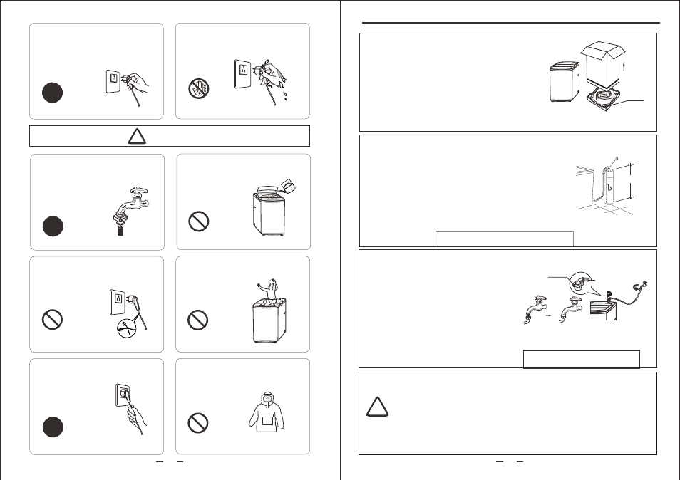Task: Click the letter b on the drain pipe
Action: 609,188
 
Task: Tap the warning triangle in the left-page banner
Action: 137,136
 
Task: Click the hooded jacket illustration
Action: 267,412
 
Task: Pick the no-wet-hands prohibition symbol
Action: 199,88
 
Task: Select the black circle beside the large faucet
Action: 53,226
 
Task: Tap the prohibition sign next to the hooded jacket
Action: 197,423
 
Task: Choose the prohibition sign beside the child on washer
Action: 197,320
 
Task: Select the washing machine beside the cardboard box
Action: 565,82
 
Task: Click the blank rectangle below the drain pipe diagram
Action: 505,239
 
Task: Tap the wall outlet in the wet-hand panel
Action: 242,74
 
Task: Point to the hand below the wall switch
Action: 135,419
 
